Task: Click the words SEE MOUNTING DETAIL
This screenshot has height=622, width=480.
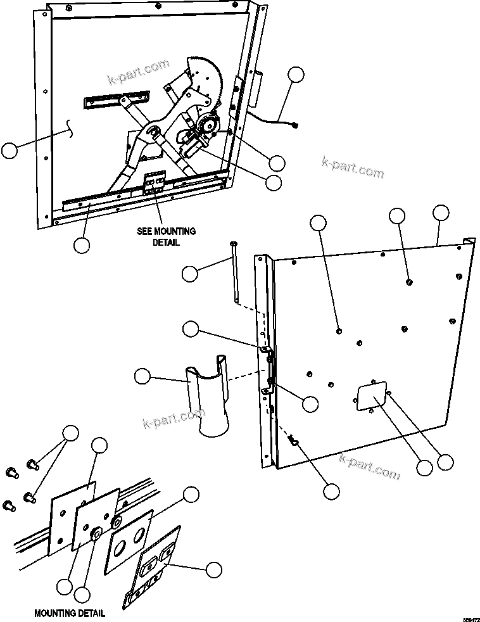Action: click(x=166, y=236)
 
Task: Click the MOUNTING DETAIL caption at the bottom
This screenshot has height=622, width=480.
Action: click(x=70, y=613)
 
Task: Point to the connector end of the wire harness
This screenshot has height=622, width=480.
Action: click(x=295, y=125)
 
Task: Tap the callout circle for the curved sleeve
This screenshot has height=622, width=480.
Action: click(x=143, y=377)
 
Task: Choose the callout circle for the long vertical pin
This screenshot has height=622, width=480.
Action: click(x=190, y=274)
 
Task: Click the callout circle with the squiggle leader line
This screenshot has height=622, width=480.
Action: click(x=9, y=150)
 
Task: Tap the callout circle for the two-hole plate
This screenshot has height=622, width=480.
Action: click(x=191, y=495)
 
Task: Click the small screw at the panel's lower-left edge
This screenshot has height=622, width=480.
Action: click(x=294, y=440)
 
